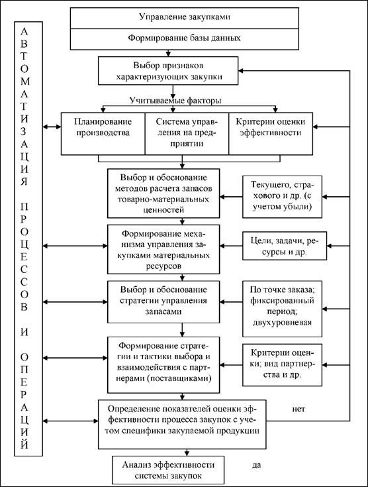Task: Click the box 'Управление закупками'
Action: [184, 18]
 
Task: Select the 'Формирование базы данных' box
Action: [184, 39]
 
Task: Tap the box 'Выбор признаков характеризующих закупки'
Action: [168, 71]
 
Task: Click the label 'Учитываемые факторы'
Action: [175, 101]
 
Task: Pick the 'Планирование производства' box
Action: [103, 134]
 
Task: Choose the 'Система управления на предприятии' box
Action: [187, 134]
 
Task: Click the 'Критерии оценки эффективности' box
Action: [271, 134]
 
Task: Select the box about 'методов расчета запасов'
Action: [163, 193]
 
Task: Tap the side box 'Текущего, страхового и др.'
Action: [282, 197]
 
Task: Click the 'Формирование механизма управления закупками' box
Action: [163, 249]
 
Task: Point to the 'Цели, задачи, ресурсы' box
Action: [285, 246]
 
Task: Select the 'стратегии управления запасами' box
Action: [163, 302]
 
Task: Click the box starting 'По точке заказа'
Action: [282, 309]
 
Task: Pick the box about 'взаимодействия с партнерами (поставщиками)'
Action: [163, 365]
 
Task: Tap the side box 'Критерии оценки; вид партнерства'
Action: [282, 365]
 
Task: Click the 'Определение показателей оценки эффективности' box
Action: [182, 424]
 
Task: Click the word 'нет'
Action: [299, 409]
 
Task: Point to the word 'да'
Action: [257, 465]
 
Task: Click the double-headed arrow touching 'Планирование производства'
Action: [52, 127]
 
